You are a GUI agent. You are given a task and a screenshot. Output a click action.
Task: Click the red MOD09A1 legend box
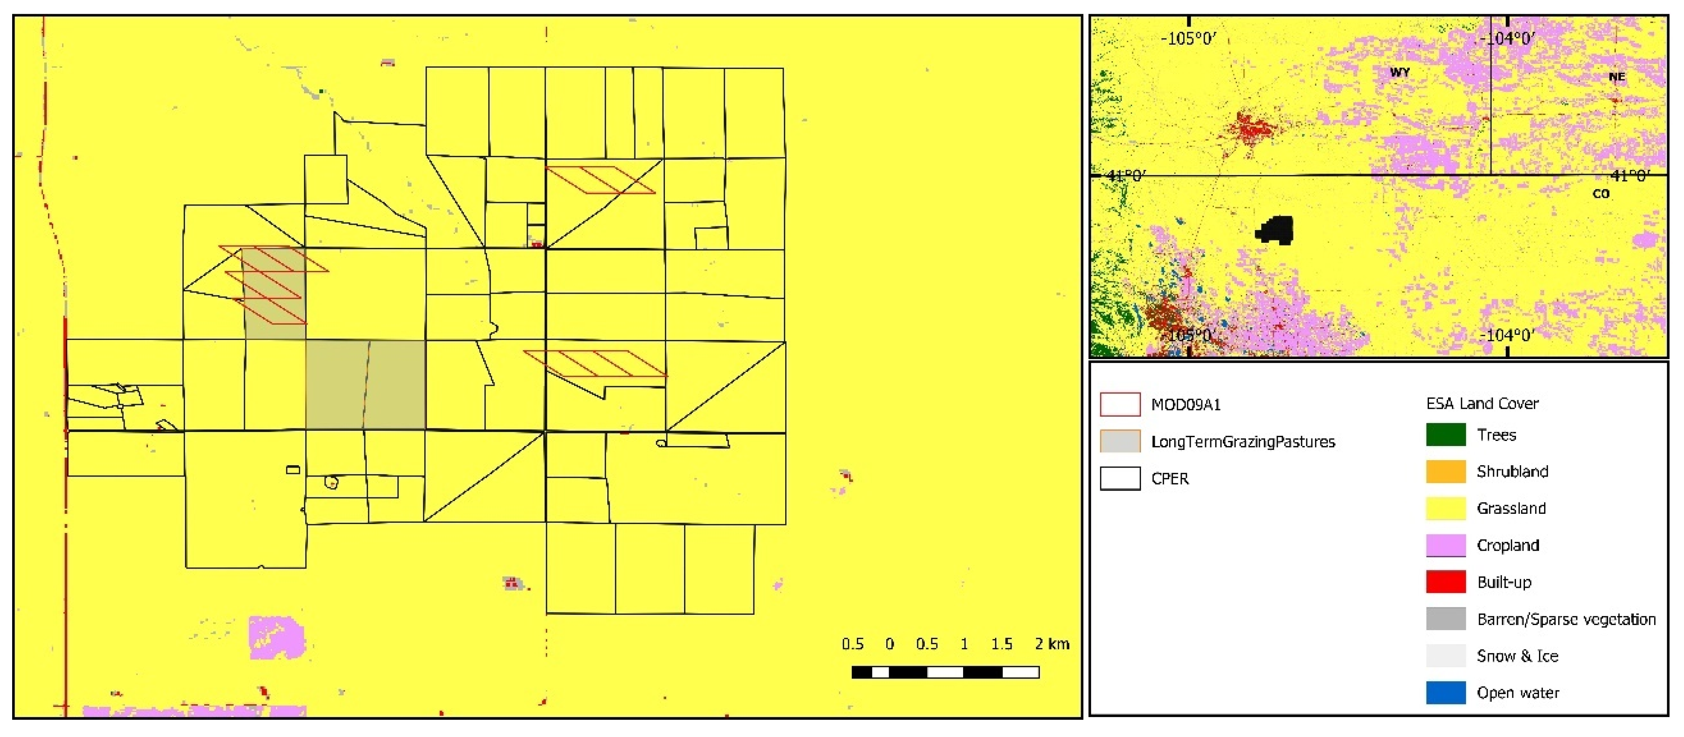(1120, 405)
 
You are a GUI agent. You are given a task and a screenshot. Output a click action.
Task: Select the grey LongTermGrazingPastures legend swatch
(1120, 442)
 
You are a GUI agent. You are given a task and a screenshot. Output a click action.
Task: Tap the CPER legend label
(1170, 479)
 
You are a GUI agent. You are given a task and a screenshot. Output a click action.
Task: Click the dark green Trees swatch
(1445, 435)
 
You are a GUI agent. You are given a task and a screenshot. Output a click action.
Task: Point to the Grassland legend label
(1511, 508)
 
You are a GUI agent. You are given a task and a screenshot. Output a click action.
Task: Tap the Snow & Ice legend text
(1517, 656)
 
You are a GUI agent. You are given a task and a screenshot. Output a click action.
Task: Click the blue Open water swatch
(1445, 693)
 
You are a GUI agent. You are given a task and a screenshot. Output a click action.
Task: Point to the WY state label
(1400, 72)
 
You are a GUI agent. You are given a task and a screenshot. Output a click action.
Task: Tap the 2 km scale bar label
(1052, 644)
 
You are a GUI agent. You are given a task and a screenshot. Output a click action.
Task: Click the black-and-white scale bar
(945, 672)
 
